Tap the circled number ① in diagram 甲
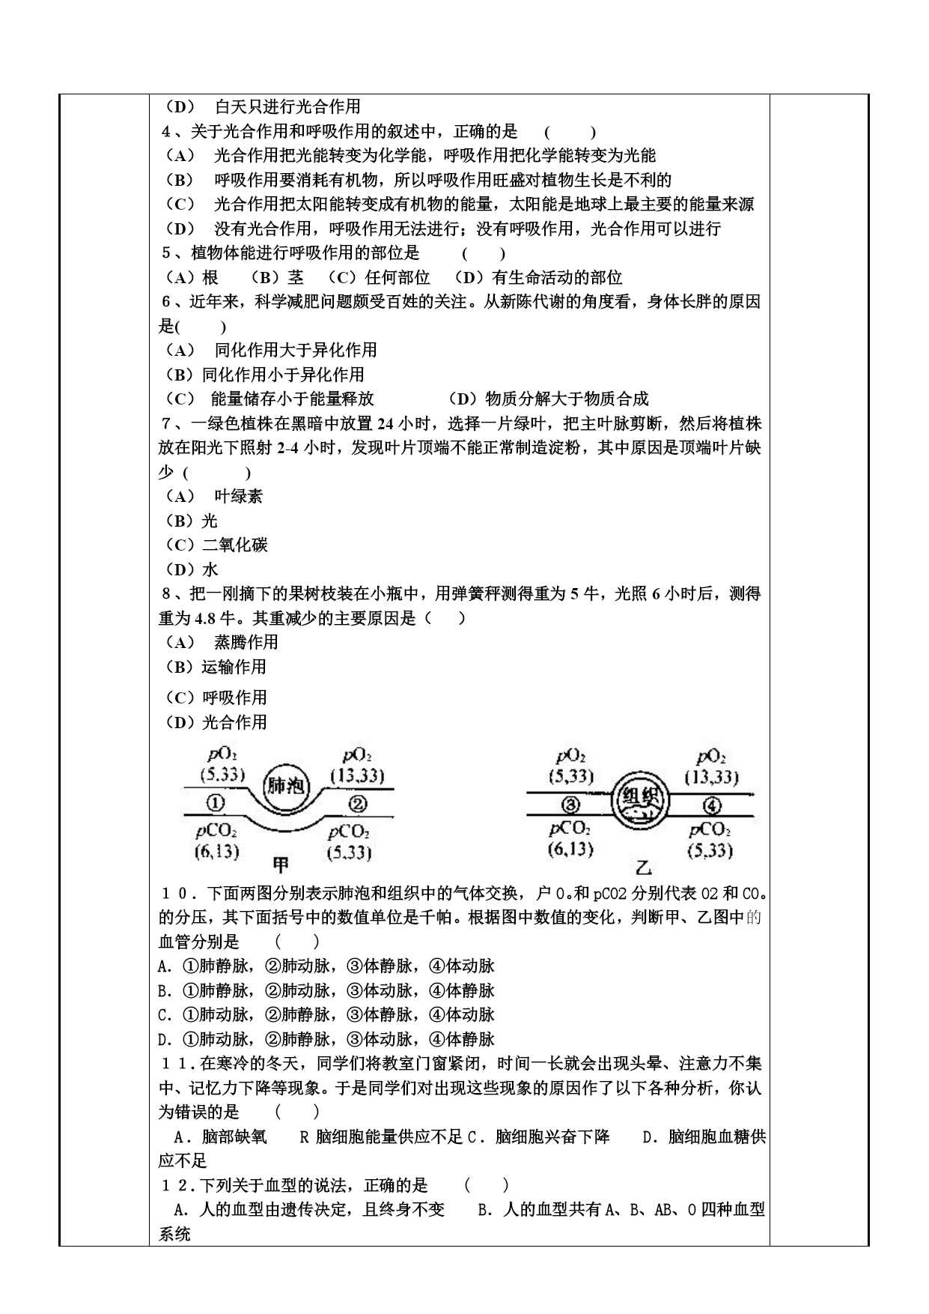tap(215, 803)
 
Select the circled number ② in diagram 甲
tap(358, 804)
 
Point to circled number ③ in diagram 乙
tap(570, 805)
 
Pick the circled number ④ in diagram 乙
tap(712, 805)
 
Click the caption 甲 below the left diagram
tap(281, 866)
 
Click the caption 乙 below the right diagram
tap(642, 868)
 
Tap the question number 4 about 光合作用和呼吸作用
tap(167, 132)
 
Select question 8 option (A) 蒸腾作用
tap(221, 642)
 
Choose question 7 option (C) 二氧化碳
tap(216, 545)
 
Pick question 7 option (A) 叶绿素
tap(214, 496)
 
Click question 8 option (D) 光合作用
tap(216, 722)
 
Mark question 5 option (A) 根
tap(192, 278)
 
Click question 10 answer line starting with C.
tap(326, 1014)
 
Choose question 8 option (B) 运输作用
tap(216, 667)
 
